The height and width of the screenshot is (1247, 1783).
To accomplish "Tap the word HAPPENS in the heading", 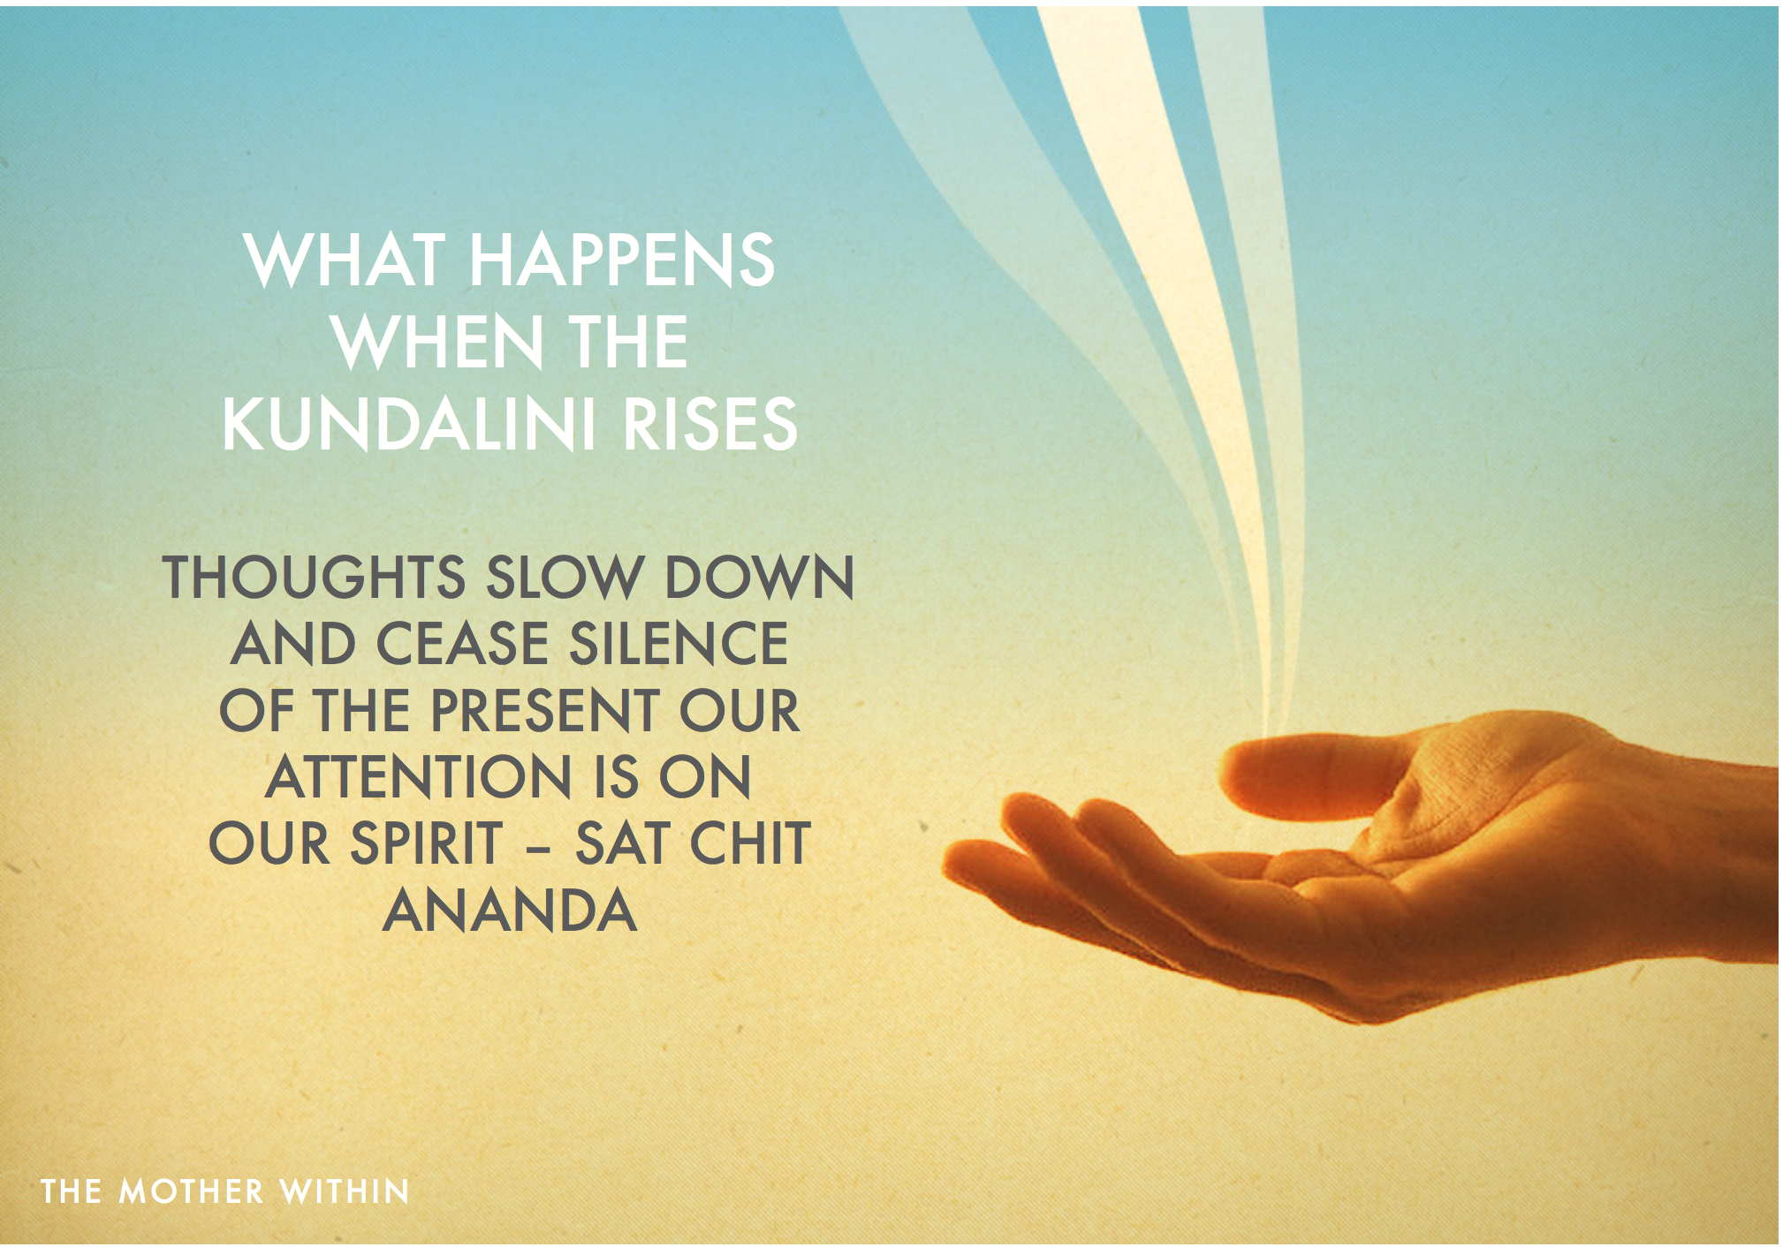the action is pyautogui.click(x=622, y=260).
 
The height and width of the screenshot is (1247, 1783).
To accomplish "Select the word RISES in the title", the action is pyautogui.click(x=710, y=424).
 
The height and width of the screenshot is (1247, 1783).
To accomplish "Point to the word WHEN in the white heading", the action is pyautogui.click(x=438, y=342).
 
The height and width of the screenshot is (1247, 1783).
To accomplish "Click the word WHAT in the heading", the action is pyautogui.click(x=345, y=260).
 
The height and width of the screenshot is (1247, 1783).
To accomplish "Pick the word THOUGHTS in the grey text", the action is pyautogui.click(x=315, y=578).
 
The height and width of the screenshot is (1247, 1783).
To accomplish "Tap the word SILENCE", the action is pyautogui.click(x=679, y=643).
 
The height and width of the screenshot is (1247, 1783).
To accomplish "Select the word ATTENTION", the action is pyautogui.click(x=420, y=777).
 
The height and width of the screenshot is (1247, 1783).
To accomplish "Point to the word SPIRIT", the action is pyautogui.click(x=427, y=843).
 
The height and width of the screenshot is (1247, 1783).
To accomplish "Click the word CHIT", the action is pyautogui.click(x=750, y=843).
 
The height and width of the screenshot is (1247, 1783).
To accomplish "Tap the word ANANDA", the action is pyautogui.click(x=510, y=911).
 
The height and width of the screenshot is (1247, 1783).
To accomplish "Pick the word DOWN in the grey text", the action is pyautogui.click(x=759, y=578).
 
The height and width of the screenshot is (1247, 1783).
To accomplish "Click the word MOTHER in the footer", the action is pyautogui.click(x=191, y=1191).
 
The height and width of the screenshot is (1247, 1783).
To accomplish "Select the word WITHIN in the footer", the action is pyautogui.click(x=345, y=1191).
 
